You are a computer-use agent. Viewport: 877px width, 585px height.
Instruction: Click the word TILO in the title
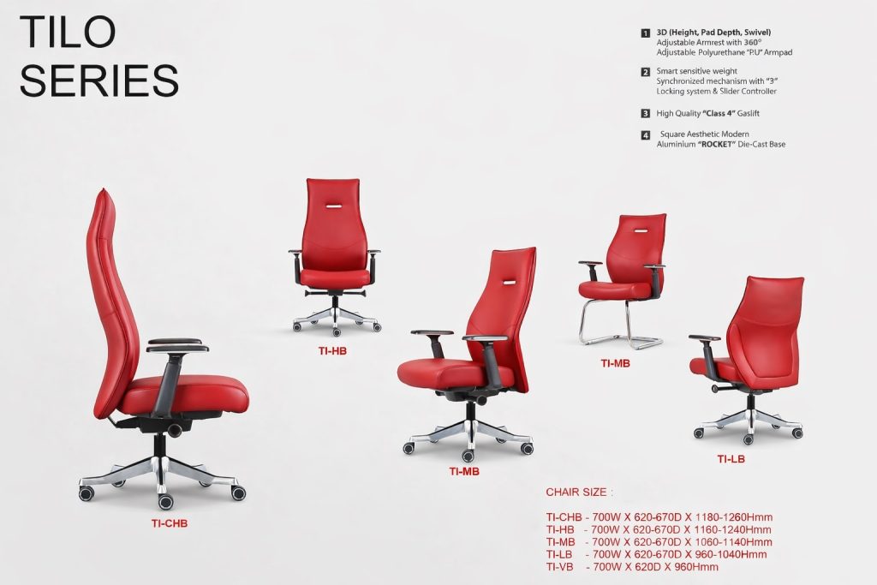(68, 32)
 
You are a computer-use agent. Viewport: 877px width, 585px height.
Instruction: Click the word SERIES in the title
(99, 80)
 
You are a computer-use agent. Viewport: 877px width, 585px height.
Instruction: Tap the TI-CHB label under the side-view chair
(169, 524)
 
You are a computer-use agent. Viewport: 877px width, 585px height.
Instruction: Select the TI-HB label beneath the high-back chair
(332, 351)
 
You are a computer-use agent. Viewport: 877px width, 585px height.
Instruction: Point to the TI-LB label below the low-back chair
(731, 459)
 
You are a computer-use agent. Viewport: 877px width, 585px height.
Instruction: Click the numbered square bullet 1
(646, 33)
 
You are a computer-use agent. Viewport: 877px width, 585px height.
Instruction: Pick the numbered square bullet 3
(646, 114)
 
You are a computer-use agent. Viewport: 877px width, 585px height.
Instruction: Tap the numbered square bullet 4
(646, 134)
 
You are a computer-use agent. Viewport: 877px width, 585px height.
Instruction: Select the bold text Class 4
(719, 114)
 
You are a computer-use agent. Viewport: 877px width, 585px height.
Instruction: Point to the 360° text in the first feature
(753, 43)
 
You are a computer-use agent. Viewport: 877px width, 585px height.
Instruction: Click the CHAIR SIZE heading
(580, 492)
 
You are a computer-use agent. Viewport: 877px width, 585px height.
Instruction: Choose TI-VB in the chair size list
(559, 567)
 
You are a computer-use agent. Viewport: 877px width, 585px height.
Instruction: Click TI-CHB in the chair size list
(564, 517)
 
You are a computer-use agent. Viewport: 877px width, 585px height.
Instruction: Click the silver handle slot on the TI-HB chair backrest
(332, 206)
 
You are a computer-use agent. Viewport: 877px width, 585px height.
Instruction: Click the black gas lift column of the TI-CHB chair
(160, 446)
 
